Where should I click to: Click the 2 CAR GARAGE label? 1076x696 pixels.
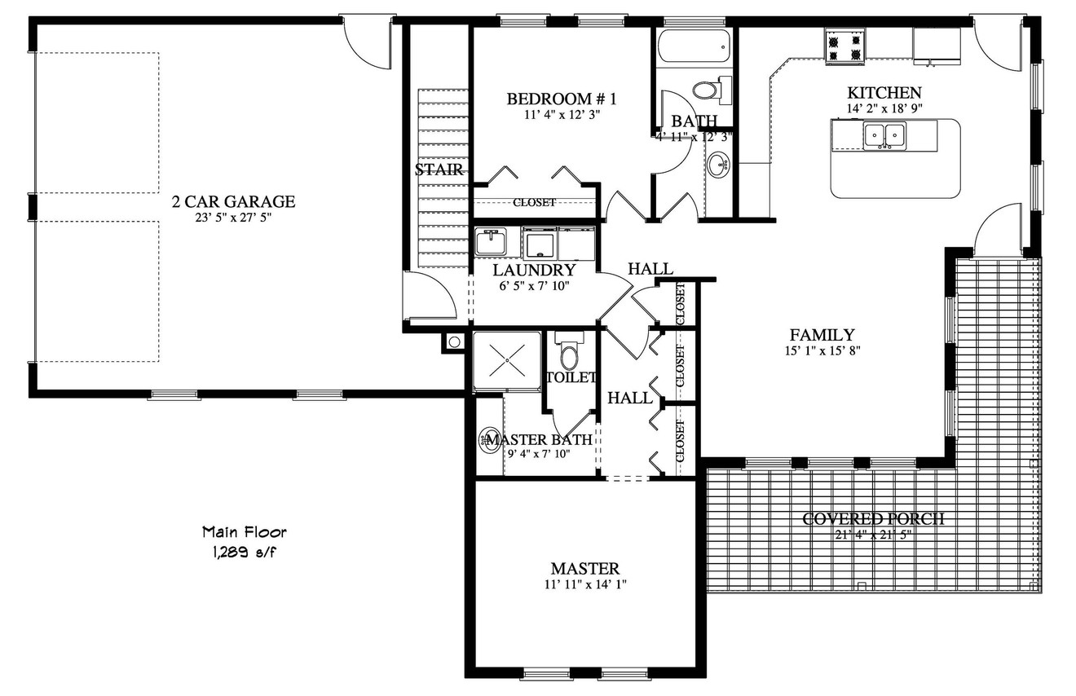[x=233, y=201]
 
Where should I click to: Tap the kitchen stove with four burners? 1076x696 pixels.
[x=844, y=46]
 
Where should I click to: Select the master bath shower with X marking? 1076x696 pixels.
[x=508, y=359]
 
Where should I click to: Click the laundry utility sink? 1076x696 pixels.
[x=491, y=242]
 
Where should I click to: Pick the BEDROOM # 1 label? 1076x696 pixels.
[x=562, y=99]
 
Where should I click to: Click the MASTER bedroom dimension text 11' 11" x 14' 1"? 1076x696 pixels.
[x=585, y=584]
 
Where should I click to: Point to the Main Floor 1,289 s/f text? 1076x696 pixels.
[x=245, y=541]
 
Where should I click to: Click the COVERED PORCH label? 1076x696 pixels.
[x=873, y=519]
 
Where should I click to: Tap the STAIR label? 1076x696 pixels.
[x=439, y=170]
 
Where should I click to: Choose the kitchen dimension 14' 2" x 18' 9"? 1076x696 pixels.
[x=884, y=108]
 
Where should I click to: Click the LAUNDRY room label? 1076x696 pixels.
[x=535, y=270]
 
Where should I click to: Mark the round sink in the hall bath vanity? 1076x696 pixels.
[x=720, y=166]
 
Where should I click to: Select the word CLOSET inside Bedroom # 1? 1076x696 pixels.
[x=534, y=202]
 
